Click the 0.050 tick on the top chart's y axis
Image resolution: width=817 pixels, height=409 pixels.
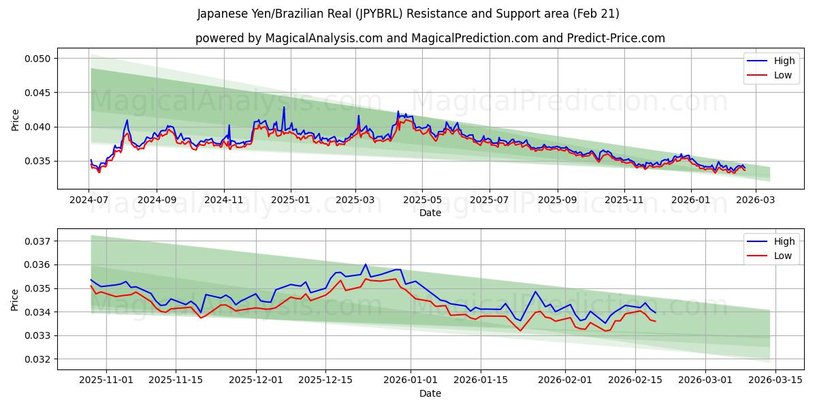click(x=37, y=59)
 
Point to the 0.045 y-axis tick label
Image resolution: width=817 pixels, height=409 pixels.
click(x=37, y=93)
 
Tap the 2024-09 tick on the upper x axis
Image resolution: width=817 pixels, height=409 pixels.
click(x=156, y=200)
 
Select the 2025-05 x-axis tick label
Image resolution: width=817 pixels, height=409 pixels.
click(x=422, y=200)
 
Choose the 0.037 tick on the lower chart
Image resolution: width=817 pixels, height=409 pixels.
click(x=37, y=241)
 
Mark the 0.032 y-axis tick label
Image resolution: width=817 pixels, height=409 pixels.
click(x=37, y=359)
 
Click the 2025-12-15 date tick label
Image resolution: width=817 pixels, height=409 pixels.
click(x=325, y=380)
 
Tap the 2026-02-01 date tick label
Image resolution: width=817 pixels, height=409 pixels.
click(x=566, y=380)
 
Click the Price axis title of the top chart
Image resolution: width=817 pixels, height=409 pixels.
click(x=16, y=119)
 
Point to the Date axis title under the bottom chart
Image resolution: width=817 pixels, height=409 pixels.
click(x=430, y=393)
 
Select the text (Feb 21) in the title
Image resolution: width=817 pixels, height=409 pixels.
click(x=597, y=14)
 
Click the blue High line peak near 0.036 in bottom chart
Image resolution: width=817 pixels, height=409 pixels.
click(x=366, y=264)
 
